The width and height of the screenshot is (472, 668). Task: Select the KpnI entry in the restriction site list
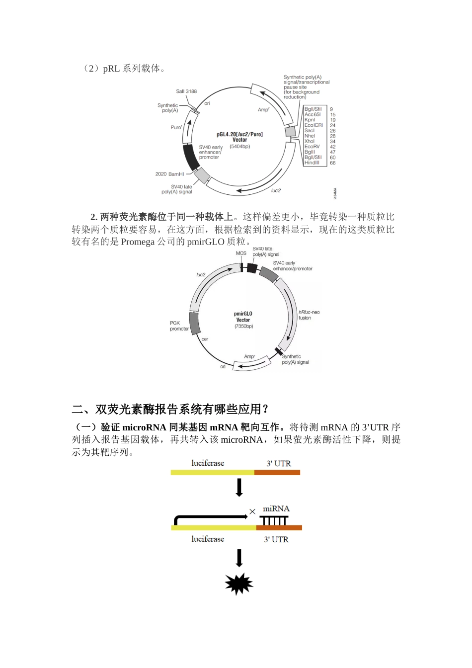(310, 120)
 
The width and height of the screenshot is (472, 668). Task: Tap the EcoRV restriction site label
(312, 147)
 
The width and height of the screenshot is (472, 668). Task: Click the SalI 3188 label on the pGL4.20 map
(186, 91)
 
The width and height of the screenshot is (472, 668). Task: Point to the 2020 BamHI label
(169, 174)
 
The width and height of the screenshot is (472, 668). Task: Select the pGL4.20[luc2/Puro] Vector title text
(240, 137)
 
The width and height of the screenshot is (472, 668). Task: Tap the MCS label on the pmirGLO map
(241, 253)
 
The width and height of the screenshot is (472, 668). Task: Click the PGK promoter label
(179, 326)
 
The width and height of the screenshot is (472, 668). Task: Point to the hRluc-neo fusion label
(309, 315)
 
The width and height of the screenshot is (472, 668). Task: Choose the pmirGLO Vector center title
(243, 317)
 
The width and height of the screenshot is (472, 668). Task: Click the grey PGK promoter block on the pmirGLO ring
(194, 323)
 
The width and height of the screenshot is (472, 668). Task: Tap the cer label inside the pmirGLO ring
(205, 339)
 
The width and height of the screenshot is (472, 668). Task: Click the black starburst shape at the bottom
(239, 584)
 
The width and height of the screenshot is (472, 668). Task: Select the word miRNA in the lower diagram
(276, 508)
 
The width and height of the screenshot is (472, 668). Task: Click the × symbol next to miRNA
(252, 511)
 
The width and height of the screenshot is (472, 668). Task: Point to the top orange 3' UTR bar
(277, 472)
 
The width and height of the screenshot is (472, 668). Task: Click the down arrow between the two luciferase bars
(239, 488)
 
